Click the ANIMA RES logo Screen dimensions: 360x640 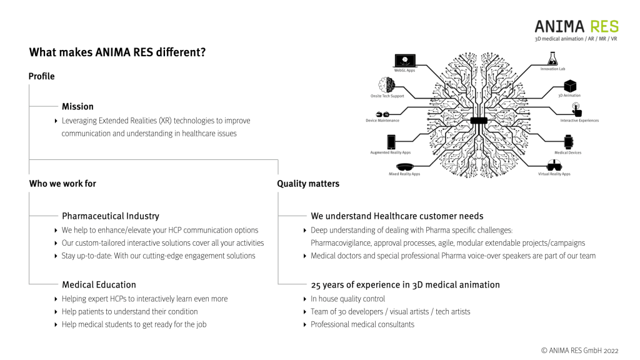576,26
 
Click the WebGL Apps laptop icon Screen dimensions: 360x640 405,61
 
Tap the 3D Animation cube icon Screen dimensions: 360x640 569,86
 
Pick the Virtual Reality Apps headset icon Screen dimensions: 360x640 554,166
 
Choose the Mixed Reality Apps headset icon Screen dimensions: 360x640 405,166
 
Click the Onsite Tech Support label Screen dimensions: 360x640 387,96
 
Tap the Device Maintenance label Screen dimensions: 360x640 382,121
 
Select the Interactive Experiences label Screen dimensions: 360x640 579,121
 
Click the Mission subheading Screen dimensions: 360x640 77,106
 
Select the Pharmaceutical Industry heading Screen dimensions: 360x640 110,216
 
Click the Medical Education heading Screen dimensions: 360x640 99,284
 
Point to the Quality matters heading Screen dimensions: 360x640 308,184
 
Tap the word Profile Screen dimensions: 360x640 41,76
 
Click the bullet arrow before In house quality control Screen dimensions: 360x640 304,299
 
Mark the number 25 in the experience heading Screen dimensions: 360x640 316,284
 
